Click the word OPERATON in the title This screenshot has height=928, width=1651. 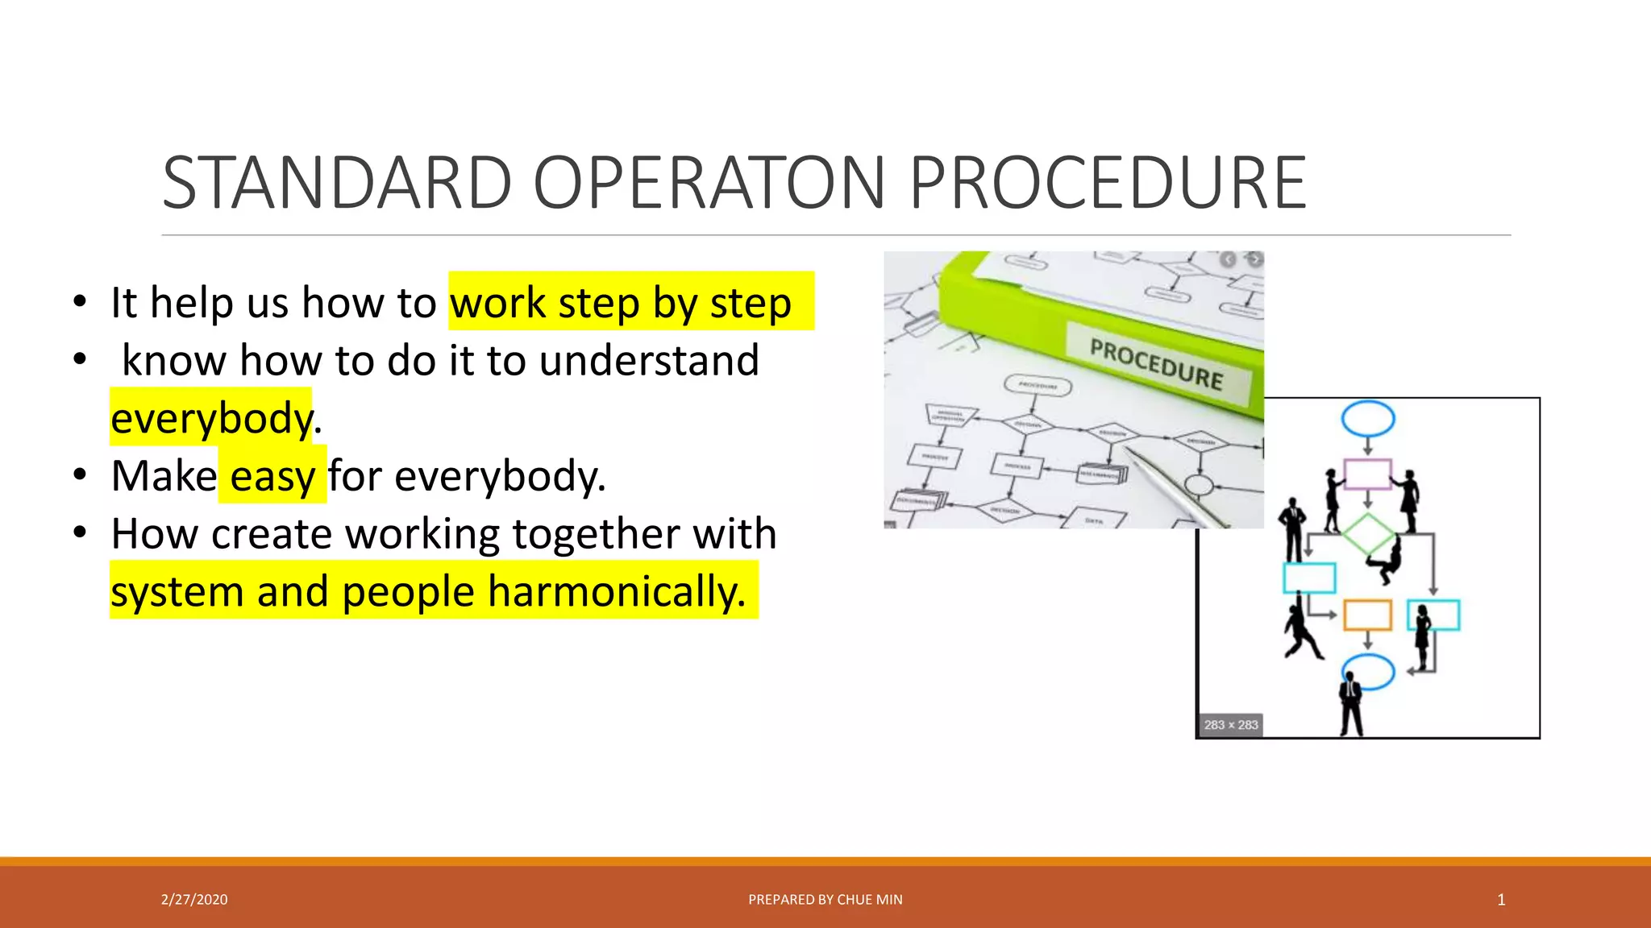click(x=709, y=184)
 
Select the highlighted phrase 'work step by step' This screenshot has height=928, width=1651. click(x=621, y=303)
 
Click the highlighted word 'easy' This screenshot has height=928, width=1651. click(x=272, y=476)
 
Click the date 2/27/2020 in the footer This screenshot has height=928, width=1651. click(x=194, y=900)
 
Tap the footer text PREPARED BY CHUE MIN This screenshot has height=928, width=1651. click(x=825, y=900)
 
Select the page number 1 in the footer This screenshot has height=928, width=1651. click(x=1501, y=900)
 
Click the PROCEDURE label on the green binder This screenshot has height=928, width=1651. click(x=1156, y=364)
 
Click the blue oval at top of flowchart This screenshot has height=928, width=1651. click(x=1367, y=419)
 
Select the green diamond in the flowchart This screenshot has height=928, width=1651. click(x=1368, y=533)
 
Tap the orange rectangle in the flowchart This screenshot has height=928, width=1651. click(x=1367, y=615)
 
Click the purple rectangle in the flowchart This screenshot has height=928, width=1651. click(x=1367, y=474)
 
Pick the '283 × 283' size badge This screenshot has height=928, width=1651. click(x=1230, y=725)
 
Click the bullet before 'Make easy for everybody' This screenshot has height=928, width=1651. click(x=79, y=475)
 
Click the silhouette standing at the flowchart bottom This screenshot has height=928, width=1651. click(x=1350, y=705)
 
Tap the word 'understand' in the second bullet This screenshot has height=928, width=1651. click(x=649, y=360)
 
